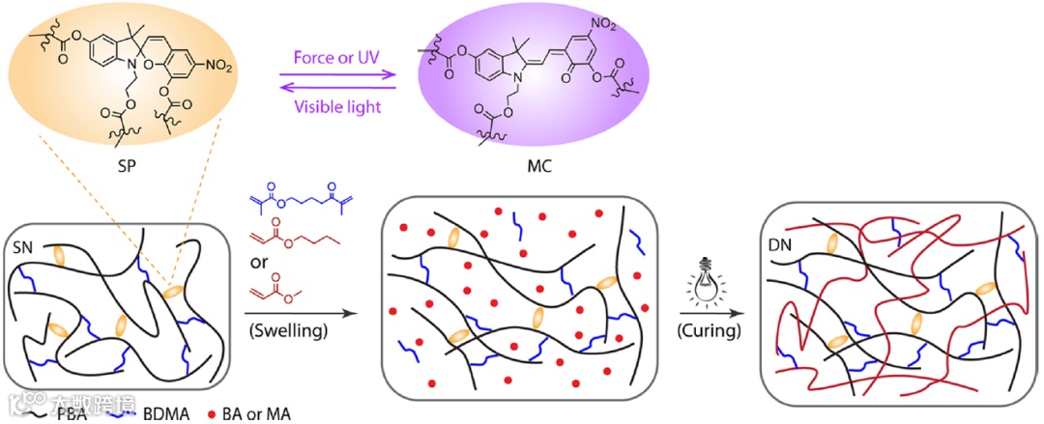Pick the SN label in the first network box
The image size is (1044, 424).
pos(27,249)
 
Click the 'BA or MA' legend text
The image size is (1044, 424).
pos(254,414)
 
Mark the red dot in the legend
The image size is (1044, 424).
pos(211,414)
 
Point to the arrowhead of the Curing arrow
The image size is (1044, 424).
pos(743,312)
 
